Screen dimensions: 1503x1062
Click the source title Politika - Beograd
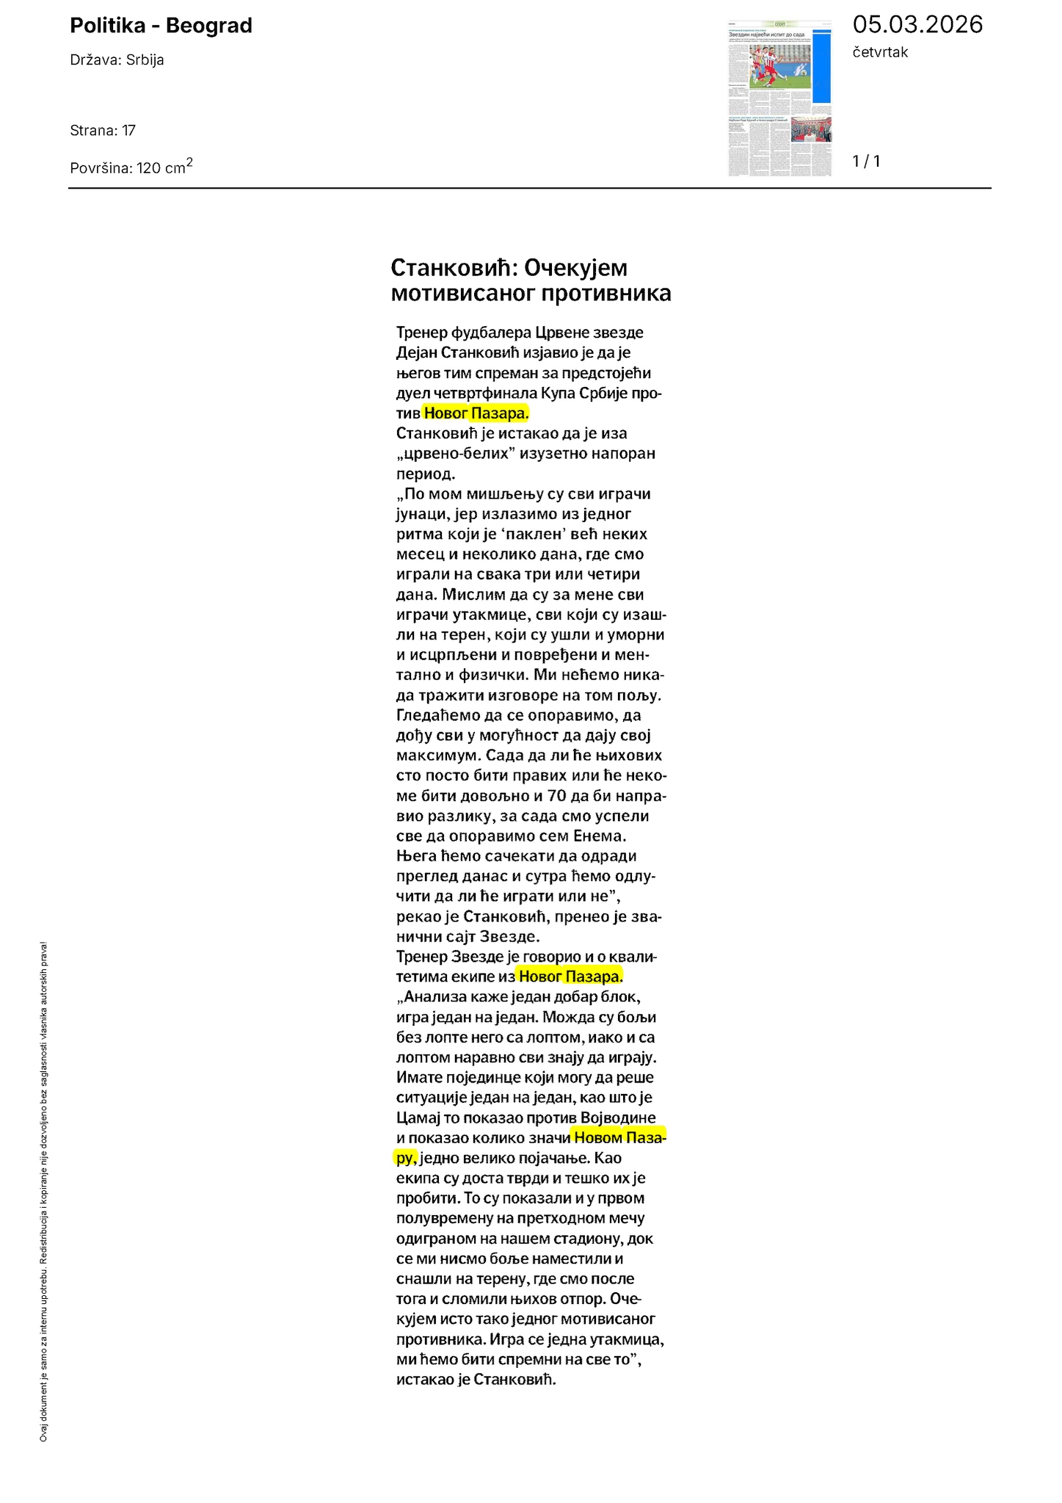click(161, 26)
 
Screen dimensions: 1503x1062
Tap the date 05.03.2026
click(917, 25)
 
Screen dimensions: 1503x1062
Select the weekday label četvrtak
click(880, 52)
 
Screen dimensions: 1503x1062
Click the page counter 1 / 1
click(866, 161)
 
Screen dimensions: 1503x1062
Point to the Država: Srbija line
click(117, 60)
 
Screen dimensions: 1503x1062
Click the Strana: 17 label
click(103, 131)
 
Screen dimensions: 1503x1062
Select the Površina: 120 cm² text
click(131, 167)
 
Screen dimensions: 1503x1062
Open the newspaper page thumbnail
click(779, 98)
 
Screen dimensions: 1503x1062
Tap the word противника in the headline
click(605, 294)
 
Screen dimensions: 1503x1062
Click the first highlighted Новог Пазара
click(476, 413)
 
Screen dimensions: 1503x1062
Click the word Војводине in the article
click(618, 1118)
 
